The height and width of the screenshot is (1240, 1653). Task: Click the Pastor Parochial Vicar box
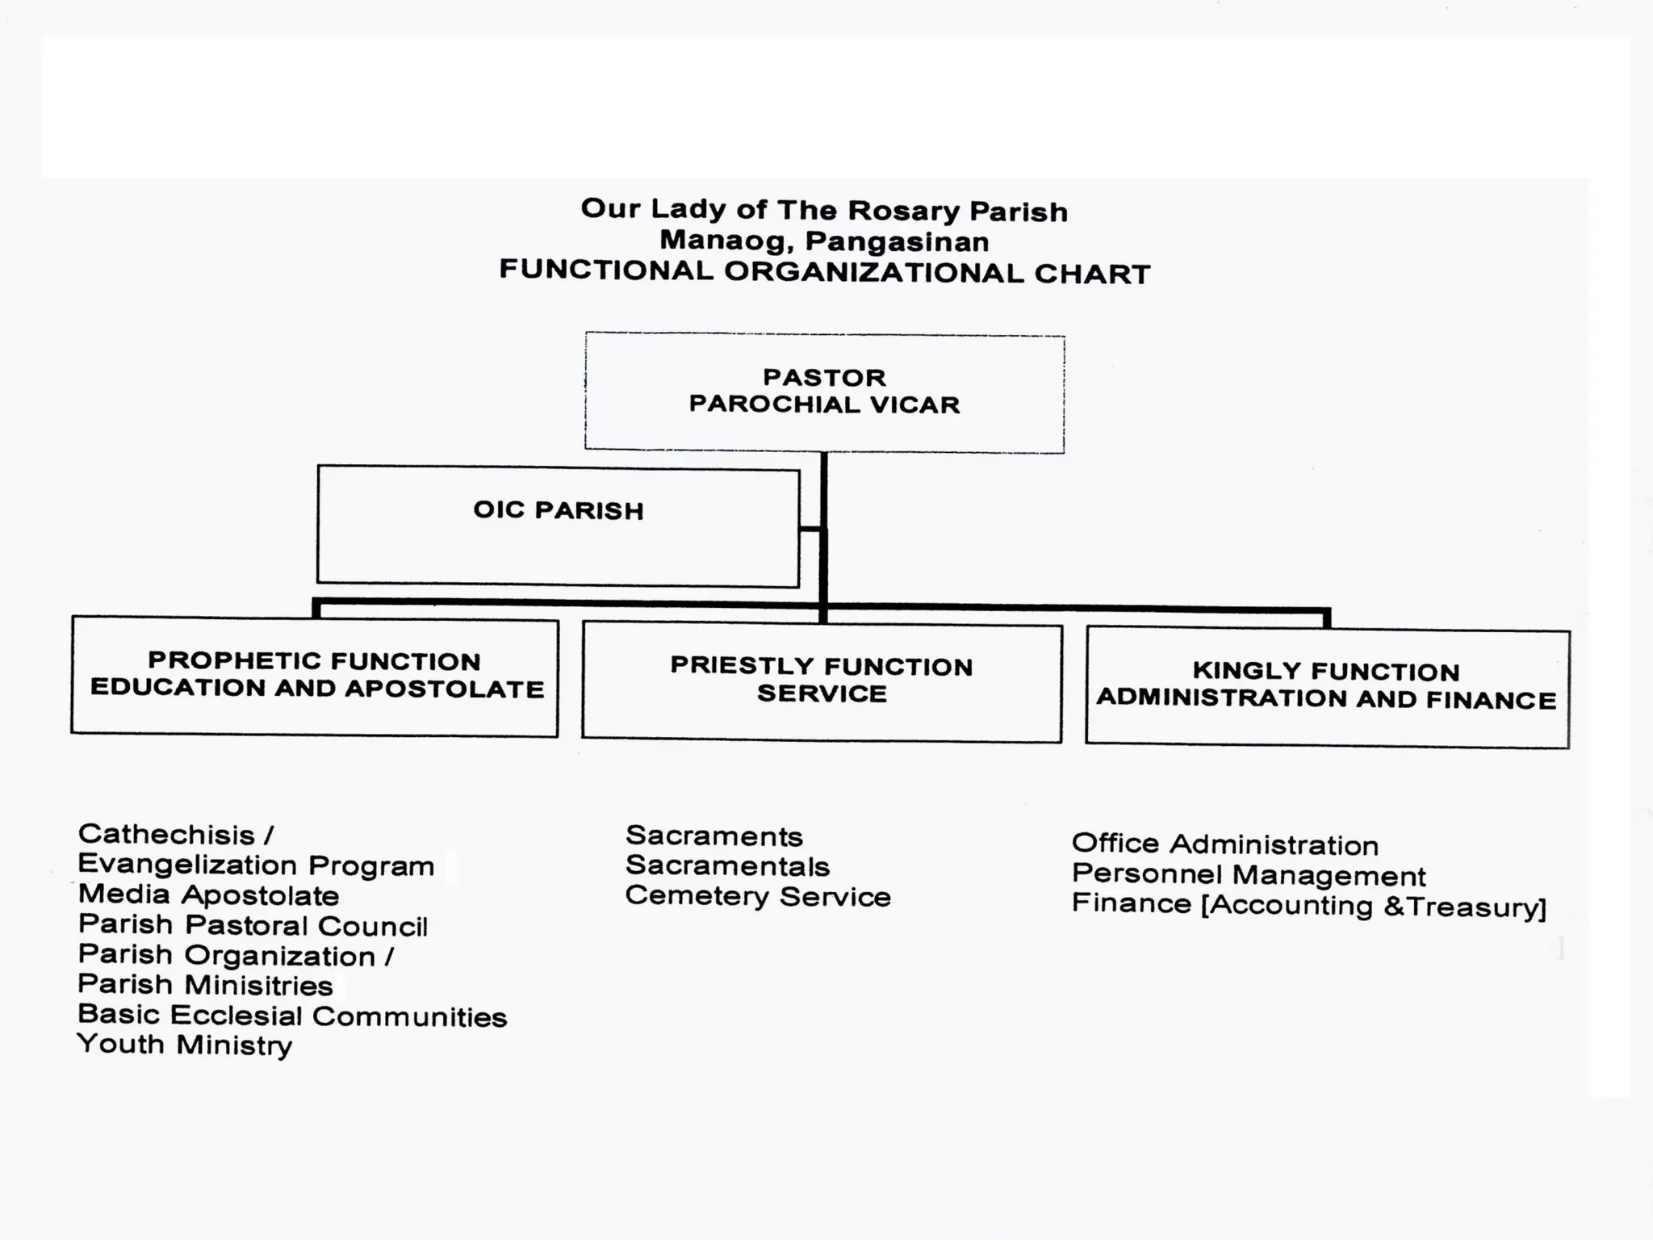(x=824, y=392)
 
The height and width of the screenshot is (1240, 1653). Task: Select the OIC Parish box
(x=558, y=526)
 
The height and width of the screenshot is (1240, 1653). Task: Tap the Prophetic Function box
(x=315, y=677)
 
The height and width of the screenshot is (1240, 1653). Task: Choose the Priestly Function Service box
(x=822, y=682)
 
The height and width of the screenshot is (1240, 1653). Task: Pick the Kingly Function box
(x=1327, y=688)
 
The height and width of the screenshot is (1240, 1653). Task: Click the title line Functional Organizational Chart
(x=824, y=272)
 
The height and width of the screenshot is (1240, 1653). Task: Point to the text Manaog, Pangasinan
(x=824, y=241)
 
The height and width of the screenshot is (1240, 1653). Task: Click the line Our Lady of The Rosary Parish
(x=824, y=210)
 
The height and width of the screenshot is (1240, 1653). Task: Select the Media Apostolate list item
(x=208, y=895)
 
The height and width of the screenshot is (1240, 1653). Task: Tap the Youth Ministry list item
(x=185, y=1045)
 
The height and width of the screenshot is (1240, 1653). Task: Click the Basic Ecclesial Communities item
(x=292, y=1016)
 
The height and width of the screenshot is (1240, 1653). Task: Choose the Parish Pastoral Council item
(x=253, y=925)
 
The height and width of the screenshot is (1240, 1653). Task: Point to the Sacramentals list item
(x=727, y=866)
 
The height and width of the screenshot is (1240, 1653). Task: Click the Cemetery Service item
(x=757, y=896)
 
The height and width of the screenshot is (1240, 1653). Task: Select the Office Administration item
(x=1224, y=844)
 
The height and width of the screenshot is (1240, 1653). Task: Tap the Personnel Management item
(x=1248, y=875)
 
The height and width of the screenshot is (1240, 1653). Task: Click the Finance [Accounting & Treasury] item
(x=1308, y=905)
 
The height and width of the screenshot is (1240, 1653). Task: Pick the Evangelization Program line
(x=256, y=865)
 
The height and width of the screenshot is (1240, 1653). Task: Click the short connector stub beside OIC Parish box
(x=810, y=530)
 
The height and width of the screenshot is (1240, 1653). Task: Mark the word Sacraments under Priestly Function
(x=714, y=836)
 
